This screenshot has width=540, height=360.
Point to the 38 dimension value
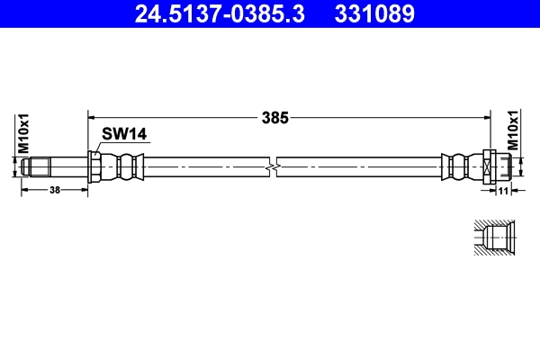[55, 191]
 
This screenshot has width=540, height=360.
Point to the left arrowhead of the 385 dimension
[91, 116]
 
